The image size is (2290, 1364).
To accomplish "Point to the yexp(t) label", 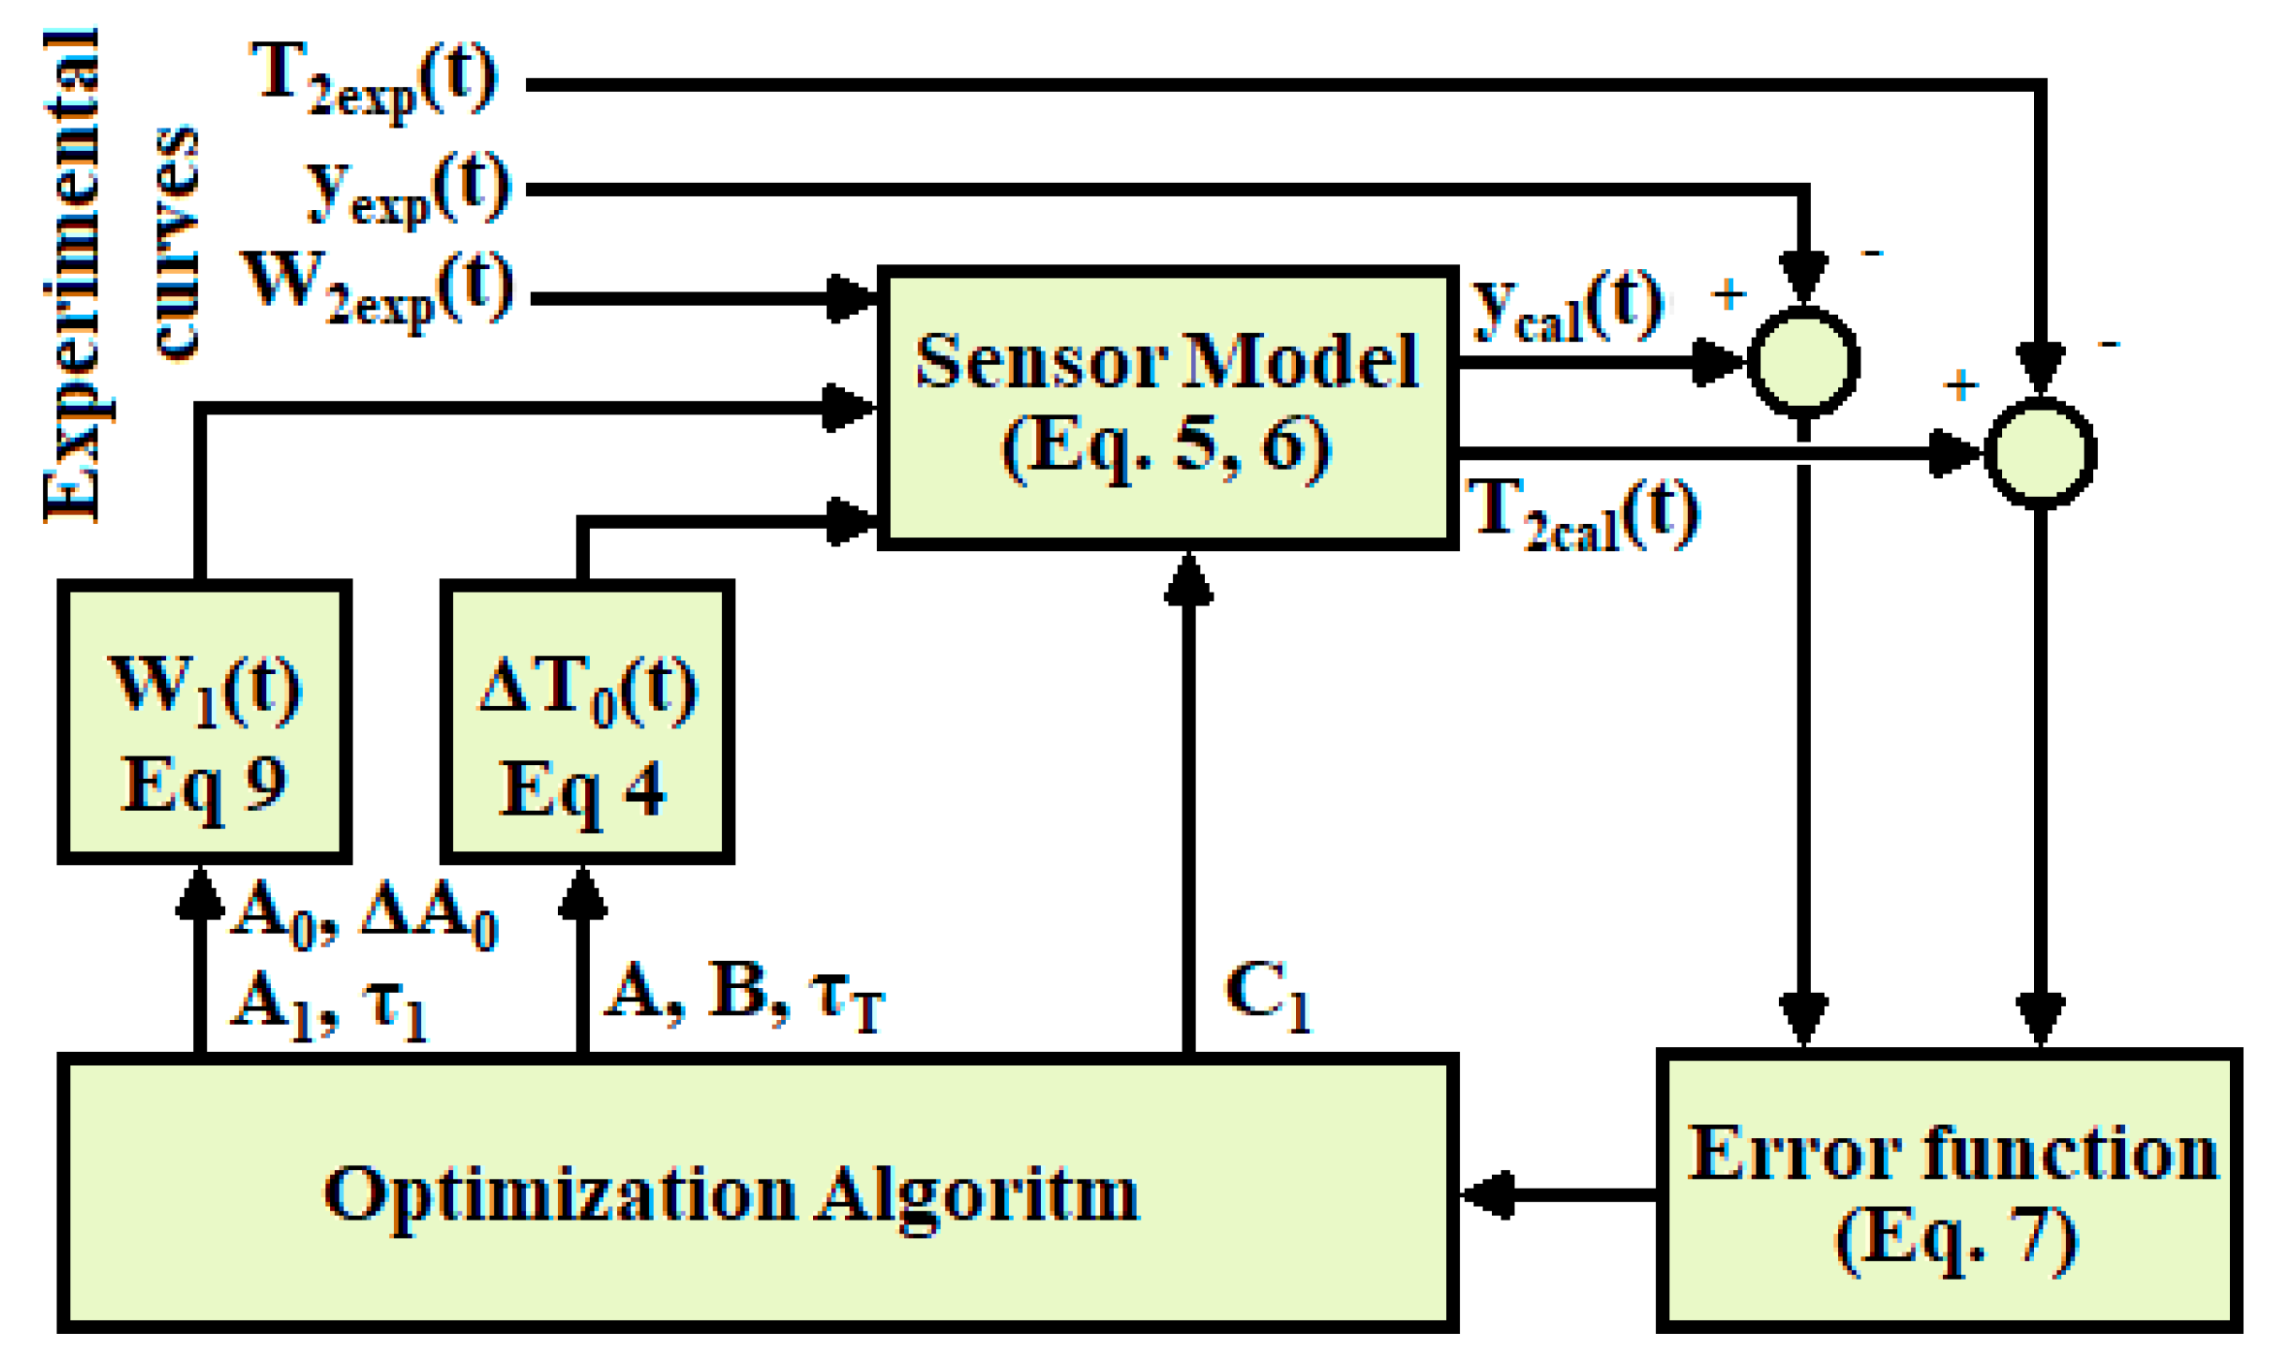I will pyautogui.click(x=408, y=189).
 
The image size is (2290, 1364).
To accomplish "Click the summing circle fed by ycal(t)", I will pyautogui.click(x=1802, y=361).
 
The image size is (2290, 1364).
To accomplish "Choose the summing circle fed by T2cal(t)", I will pyautogui.click(x=2041, y=453).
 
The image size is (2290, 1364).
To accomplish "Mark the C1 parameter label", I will pyautogui.click(x=1266, y=996).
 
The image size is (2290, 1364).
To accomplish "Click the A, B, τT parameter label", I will pyautogui.click(x=746, y=996).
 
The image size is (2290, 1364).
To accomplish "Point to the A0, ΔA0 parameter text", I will pyautogui.click(x=364, y=914).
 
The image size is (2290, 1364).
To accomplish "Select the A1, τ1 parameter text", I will pyautogui.click(x=328, y=1006).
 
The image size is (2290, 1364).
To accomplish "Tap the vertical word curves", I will pyautogui.click(x=175, y=242).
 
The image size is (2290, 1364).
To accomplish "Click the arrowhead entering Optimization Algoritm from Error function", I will pyautogui.click(x=1486, y=1194).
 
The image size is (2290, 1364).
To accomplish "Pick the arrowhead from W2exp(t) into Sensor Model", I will pyautogui.click(x=851, y=299).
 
